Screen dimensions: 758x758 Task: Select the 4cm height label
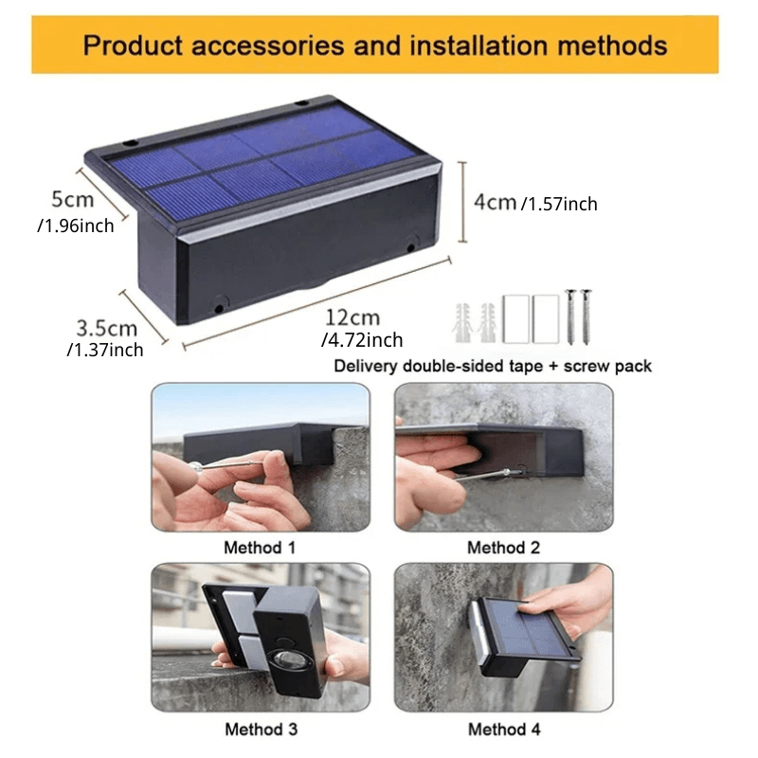coord(495,202)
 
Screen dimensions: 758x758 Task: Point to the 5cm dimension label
coord(73,200)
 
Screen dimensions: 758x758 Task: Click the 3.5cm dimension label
coord(106,328)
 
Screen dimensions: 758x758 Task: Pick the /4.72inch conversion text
coord(363,340)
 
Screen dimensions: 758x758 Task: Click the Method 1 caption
coord(260,548)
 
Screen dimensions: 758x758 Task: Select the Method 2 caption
coord(503,548)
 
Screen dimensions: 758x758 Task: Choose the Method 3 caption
coord(261,729)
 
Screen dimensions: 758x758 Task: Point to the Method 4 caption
coord(503,729)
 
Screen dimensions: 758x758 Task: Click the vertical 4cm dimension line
coord(462,201)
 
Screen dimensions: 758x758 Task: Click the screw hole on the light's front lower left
coord(219,307)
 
